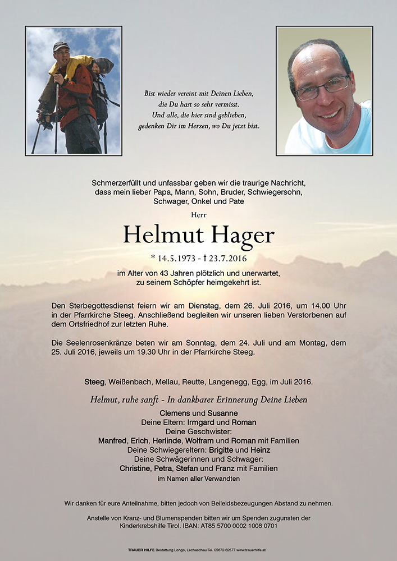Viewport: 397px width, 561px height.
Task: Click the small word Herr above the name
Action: point(198,214)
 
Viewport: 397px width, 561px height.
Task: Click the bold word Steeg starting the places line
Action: point(94,382)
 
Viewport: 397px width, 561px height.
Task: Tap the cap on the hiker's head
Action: point(61,47)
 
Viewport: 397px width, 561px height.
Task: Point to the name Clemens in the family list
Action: point(175,413)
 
